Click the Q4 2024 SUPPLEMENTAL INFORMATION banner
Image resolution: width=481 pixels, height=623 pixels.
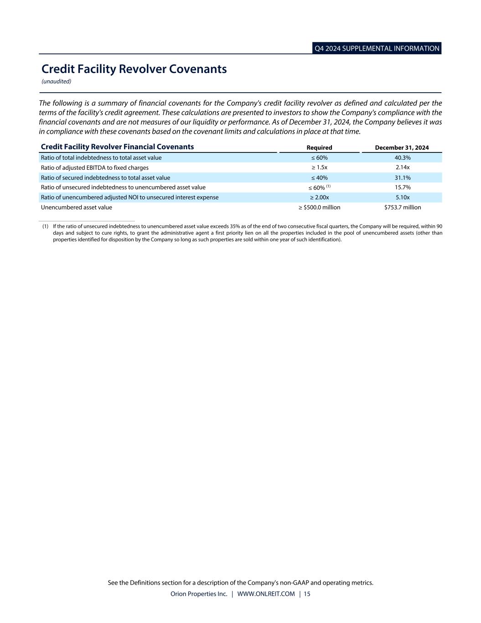pyautogui.click(x=377, y=48)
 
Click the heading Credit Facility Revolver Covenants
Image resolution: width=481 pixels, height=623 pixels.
pyautogui.click(x=134, y=69)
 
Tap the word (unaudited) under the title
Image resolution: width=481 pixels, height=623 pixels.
pyautogui.click(x=56, y=82)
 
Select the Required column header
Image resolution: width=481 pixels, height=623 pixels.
pyautogui.click(x=319, y=147)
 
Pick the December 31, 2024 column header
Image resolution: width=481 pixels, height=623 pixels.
pyautogui.click(x=402, y=147)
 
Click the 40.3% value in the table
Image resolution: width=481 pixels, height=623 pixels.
pyautogui.click(x=403, y=158)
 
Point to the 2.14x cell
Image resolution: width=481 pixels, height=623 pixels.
pyautogui.click(x=403, y=168)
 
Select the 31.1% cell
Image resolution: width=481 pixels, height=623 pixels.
pyautogui.click(x=403, y=178)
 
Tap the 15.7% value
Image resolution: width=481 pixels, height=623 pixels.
pyautogui.click(x=403, y=188)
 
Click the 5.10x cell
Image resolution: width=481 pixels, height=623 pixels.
pyautogui.click(x=403, y=198)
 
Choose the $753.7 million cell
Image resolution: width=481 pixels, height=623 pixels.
pyautogui.click(x=403, y=208)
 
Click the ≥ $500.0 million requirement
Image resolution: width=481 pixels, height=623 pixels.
pyautogui.click(x=319, y=208)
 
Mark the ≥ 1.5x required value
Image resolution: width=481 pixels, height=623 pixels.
pyautogui.click(x=319, y=168)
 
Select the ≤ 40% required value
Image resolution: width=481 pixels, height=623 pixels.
pyautogui.click(x=319, y=178)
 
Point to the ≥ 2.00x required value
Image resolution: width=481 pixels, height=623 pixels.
pyautogui.click(x=319, y=198)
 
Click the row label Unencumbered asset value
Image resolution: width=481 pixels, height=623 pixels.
pyautogui.click(x=77, y=208)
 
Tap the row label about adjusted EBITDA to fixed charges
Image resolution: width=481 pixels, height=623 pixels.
pyautogui.click(x=95, y=168)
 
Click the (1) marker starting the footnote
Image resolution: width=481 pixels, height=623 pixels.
pyautogui.click(x=45, y=226)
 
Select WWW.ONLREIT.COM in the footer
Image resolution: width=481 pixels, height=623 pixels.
pyautogui.click(x=266, y=594)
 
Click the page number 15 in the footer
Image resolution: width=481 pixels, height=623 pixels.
pyautogui.click(x=307, y=594)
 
